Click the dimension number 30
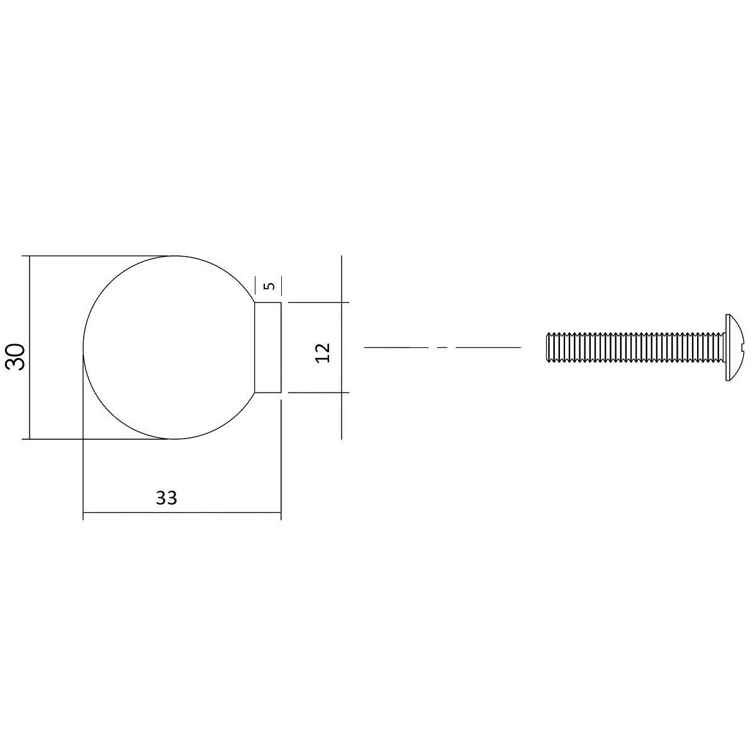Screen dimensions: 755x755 click(15, 357)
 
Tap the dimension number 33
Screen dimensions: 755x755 click(167, 498)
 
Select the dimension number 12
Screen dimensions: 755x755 click(323, 352)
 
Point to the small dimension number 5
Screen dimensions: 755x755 click(269, 286)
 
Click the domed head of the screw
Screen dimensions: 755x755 click(732, 347)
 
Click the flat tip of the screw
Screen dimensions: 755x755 click(547, 347)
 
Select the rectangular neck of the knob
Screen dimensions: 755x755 click(268, 347)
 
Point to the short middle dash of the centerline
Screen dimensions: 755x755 click(443, 347)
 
